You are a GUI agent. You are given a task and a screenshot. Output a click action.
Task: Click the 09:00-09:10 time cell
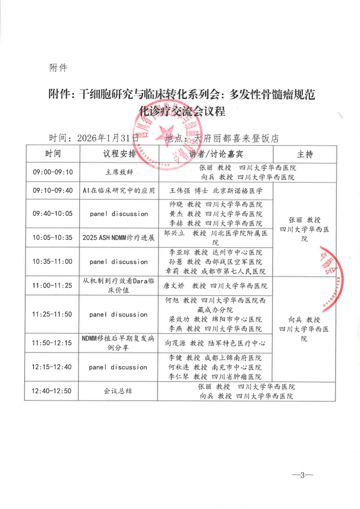tap(53, 172)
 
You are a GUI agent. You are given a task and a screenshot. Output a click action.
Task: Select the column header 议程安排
tap(119, 154)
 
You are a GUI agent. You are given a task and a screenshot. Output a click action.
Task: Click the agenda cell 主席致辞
tap(119, 172)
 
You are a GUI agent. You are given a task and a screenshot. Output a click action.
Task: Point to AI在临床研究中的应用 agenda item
tap(119, 191)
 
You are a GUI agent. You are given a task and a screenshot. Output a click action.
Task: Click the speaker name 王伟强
tap(178, 191)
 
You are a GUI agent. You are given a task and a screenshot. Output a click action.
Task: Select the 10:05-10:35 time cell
tap(53, 237)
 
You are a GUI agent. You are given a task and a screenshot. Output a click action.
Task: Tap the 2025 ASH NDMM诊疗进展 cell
tap(119, 237)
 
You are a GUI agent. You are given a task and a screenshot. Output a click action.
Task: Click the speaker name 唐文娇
tap(173, 286)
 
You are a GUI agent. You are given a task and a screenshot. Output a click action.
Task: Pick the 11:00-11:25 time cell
tap(53, 286)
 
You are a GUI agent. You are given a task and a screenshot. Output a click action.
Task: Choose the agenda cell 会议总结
tap(118, 391)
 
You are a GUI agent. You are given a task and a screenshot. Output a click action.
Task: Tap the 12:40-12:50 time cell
tap(53, 391)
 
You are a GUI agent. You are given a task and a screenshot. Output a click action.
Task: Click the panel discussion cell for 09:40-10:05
tap(119, 214)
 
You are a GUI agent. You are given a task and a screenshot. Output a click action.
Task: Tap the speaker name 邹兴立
tap(174, 233)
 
